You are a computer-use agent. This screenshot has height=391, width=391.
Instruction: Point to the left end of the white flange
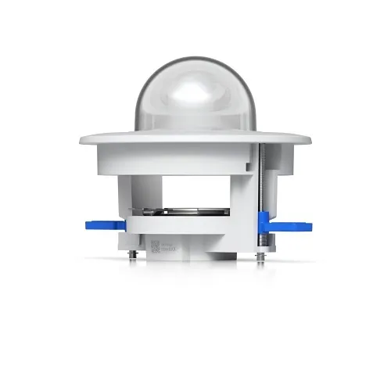83,141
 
